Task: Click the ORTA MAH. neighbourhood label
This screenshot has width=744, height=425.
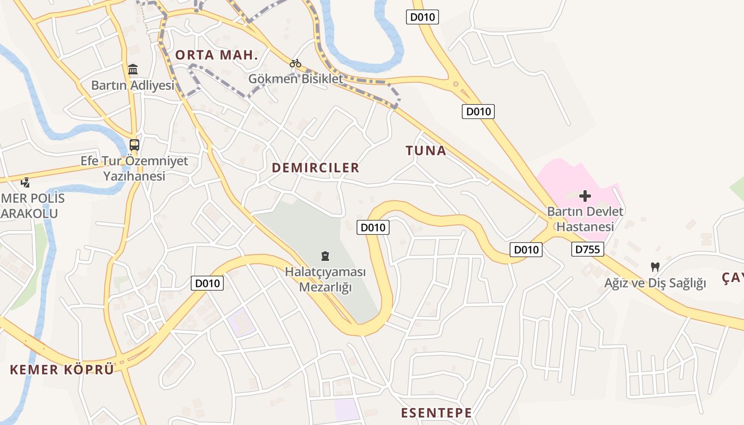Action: pyautogui.click(x=217, y=55)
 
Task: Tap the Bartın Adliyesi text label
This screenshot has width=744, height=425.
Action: pyautogui.click(x=133, y=85)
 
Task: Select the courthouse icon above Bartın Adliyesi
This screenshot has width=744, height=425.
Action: pyautogui.click(x=133, y=69)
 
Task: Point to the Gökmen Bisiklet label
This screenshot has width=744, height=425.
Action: pyautogui.click(x=296, y=79)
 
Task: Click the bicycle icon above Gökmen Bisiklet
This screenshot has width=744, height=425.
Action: pyautogui.click(x=295, y=63)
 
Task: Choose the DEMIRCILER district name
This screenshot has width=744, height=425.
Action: pyautogui.click(x=316, y=168)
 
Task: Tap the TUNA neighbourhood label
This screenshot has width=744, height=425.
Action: pyautogui.click(x=426, y=151)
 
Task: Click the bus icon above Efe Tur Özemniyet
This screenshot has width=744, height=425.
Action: pyautogui.click(x=134, y=144)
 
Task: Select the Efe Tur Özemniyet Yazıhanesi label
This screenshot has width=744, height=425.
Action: pyautogui.click(x=134, y=168)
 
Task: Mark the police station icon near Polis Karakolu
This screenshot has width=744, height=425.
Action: pyautogui.click(x=25, y=182)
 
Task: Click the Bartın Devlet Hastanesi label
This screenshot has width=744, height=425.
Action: pyautogui.click(x=585, y=219)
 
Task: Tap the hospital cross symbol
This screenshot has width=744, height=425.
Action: pyautogui.click(x=585, y=196)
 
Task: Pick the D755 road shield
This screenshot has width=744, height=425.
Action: pyautogui.click(x=588, y=249)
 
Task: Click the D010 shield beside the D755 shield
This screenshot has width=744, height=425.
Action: pyautogui.click(x=526, y=250)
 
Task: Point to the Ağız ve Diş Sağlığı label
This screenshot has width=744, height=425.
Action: pyautogui.click(x=655, y=283)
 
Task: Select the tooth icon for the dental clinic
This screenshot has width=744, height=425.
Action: pyautogui.click(x=655, y=267)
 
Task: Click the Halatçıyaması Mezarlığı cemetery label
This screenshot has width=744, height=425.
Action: pyautogui.click(x=326, y=279)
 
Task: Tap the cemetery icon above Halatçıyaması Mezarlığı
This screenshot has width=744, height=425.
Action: pyautogui.click(x=325, y=256)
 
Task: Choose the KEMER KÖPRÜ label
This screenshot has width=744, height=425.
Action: pyautogui.click(x=62, y=370)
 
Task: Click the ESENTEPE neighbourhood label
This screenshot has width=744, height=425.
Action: pyautogui.click(x=436, y=413)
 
